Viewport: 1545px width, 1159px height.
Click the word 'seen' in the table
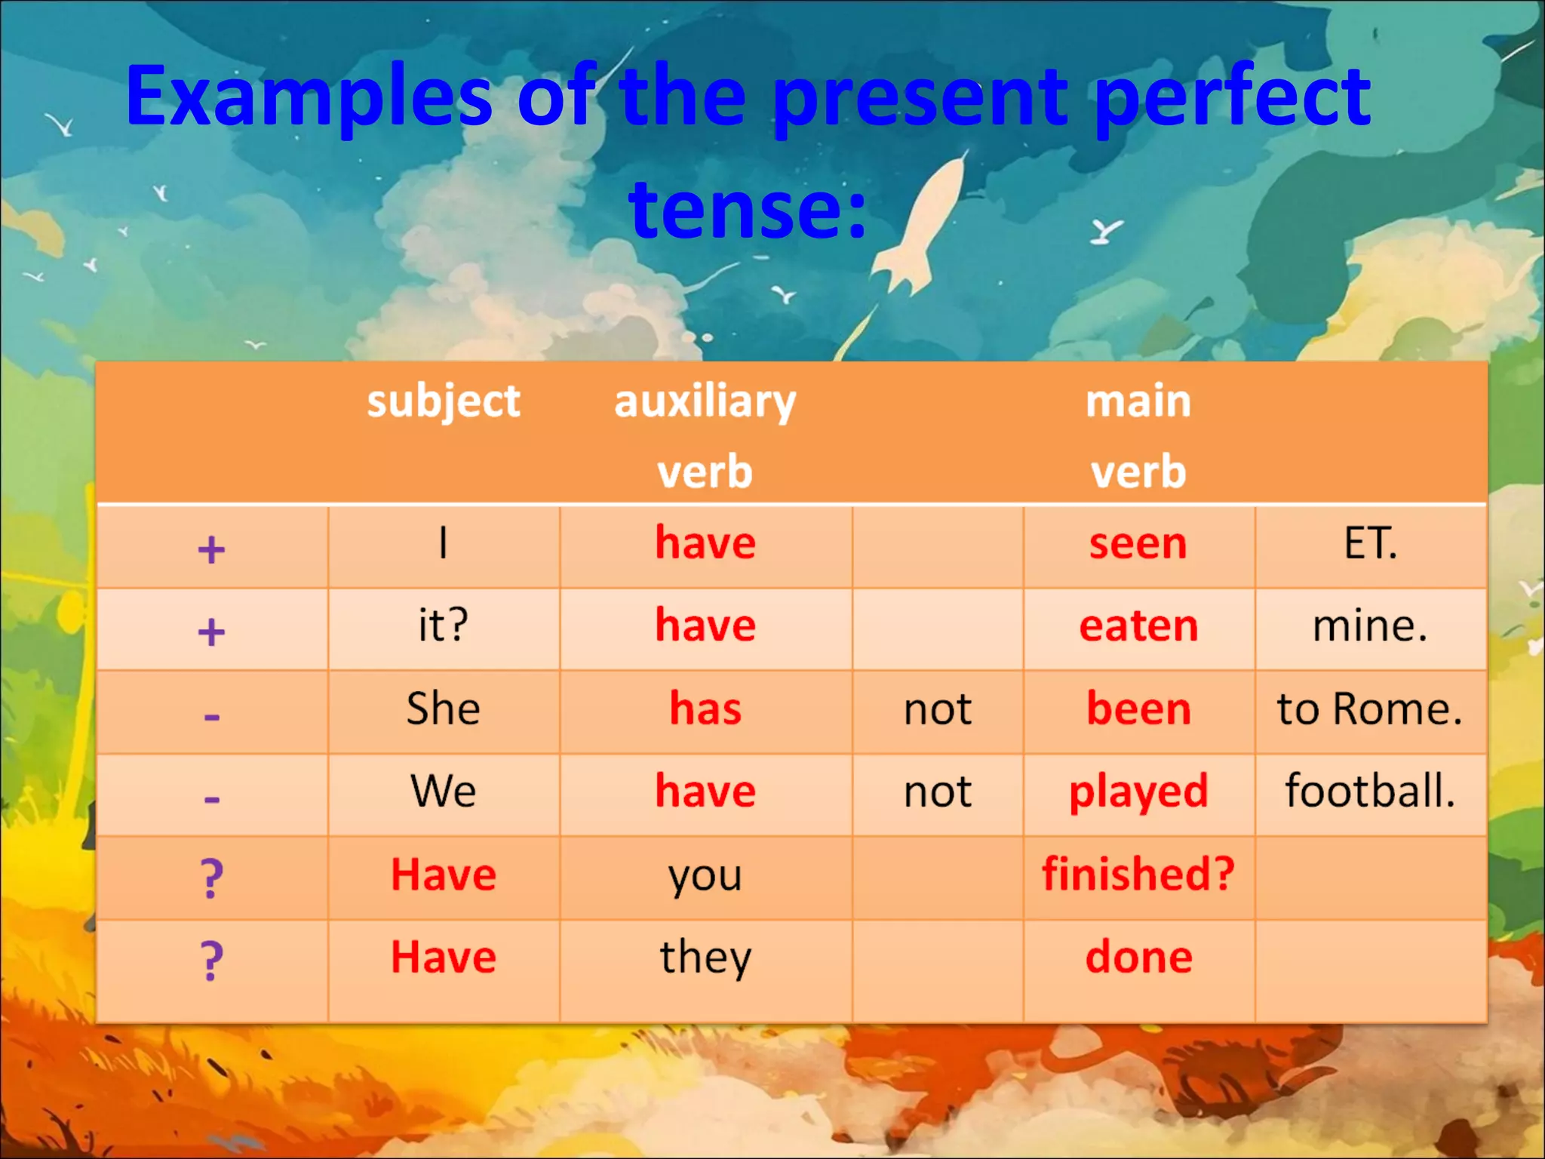point(1138,544)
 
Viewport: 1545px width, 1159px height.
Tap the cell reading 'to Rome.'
point(1369,709)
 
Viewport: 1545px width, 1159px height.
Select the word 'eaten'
point(1138,626)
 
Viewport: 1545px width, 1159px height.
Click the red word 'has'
point(705,709)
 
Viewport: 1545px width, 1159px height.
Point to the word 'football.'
point(1369,791)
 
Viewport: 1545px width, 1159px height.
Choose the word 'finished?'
point(1138,875)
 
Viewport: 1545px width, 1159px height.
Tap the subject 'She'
point(443,709)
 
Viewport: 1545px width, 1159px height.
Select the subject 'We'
point(443,792)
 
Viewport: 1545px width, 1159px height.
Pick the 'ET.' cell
point(1369,543)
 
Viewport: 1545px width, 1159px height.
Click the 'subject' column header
point(443,401)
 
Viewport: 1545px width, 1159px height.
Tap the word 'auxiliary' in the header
point(705,401)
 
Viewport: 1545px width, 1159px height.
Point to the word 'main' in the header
point(1138,401)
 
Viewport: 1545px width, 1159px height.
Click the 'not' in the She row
point(938,710)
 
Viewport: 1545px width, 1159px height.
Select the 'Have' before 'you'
point(443,875)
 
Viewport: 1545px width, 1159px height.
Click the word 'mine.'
point(1369,626)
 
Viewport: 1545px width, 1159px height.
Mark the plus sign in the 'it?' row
point(211,632)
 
